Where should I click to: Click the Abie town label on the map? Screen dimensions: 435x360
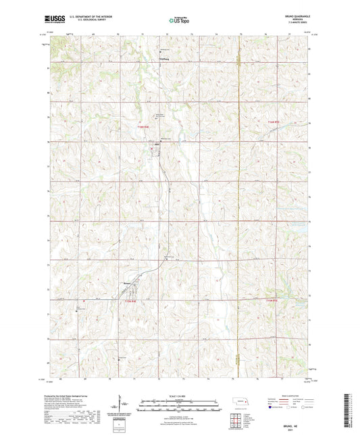tap(158, 144)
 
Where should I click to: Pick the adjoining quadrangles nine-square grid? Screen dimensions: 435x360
tap(235, 421)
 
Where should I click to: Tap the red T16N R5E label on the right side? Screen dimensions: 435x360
tap(273, 122)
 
